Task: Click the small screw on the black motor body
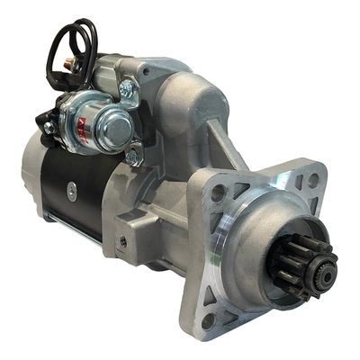point(122,241)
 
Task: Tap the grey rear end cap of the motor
point(31,166)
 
